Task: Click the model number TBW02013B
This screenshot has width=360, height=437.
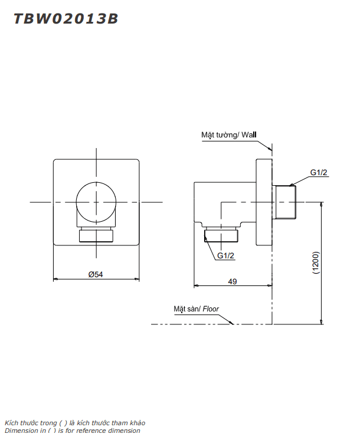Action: (66, 19)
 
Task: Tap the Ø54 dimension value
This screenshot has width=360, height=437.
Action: (96, 274)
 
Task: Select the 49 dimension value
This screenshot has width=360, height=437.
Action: (233, 281)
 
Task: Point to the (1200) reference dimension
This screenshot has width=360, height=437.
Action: (316, 262)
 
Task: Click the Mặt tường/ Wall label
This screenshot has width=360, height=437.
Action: (228, 135)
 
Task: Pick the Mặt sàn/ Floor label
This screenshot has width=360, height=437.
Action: (197, 309)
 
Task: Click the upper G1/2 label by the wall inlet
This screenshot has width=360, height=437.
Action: (319, 172)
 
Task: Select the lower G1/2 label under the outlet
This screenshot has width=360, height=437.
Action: (225, 255)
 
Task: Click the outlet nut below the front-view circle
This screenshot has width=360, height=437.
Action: (96, 234)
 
